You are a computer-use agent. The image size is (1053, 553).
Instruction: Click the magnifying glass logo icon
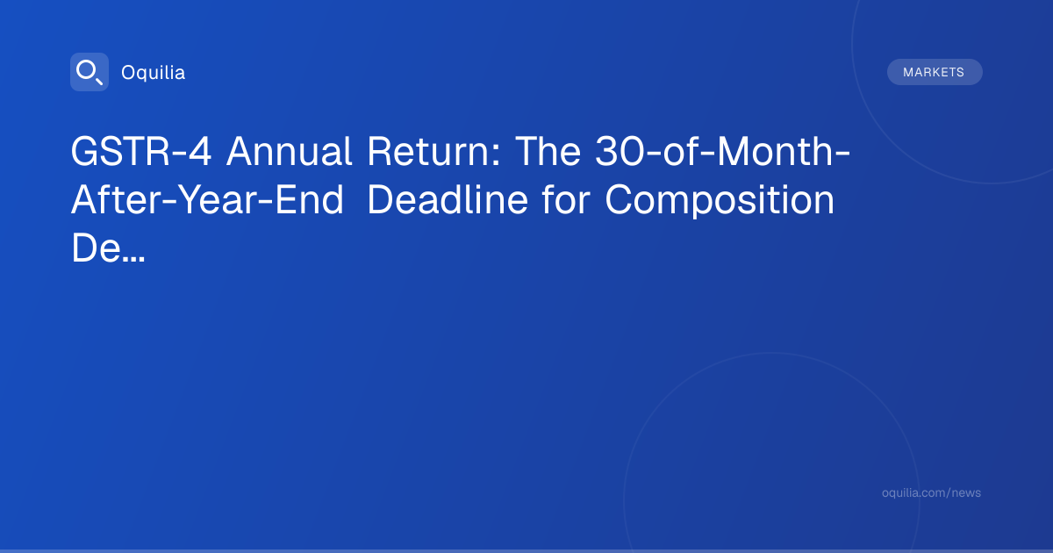click(90, 72)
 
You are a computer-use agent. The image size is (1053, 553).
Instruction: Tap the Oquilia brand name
click(154, 73)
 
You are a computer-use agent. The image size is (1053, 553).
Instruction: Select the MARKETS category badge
click(935, 72)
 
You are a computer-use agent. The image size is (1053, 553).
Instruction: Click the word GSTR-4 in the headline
click(141, 151)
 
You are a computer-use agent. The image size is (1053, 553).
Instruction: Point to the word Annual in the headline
click(289, 151)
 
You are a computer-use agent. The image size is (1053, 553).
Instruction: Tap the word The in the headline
click(548, 151)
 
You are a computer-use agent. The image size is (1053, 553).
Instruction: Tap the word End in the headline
click(309, 200)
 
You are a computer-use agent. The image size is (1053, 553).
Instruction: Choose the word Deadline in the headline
click(448, 200)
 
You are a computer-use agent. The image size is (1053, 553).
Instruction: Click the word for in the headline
click(566, 200)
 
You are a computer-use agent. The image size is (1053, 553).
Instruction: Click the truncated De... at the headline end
click(108, 248)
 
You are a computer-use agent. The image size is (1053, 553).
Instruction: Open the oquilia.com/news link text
click(931, 492)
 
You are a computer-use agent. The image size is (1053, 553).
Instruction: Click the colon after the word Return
click(496, 154)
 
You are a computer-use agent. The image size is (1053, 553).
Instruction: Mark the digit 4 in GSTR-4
click(200, 151)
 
